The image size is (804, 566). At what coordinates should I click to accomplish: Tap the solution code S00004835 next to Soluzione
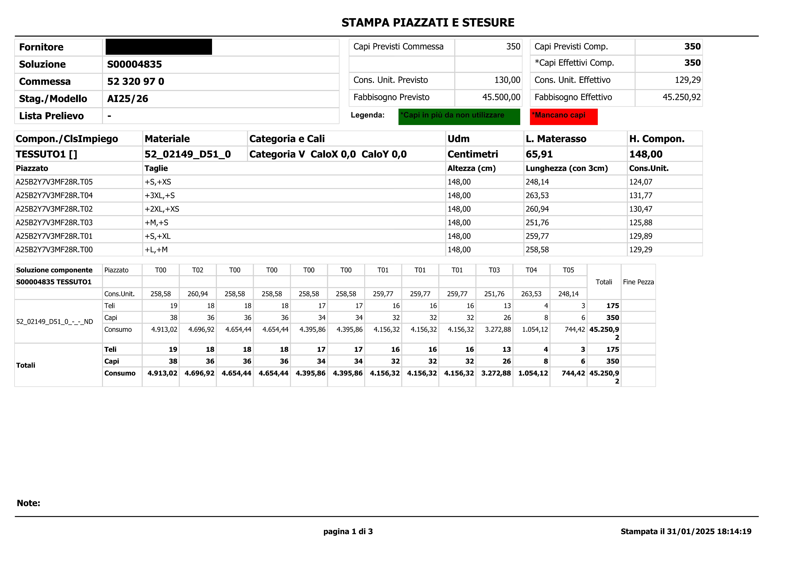(134, 64)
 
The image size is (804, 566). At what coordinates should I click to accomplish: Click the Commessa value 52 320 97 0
(135, 82)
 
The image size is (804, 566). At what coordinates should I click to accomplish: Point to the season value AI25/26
(127, 99)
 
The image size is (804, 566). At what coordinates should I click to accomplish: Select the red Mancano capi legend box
(563, 117)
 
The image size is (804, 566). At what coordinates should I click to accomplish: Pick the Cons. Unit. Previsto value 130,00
(507, 80)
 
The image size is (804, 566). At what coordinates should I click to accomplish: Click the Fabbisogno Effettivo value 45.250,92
(681, 97)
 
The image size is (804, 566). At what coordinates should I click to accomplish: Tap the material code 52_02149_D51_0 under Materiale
(188, 154)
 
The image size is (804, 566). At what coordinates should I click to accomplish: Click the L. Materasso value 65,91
(539, 154)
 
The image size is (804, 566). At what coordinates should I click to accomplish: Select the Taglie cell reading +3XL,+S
(160, 196)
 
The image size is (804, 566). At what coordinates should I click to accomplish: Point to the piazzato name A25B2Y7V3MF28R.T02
(54, 209)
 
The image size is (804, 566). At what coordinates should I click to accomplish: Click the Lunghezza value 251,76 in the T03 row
(537, 223)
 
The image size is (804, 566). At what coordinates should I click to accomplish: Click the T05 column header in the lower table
(568, 270)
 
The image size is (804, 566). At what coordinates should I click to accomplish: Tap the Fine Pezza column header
(638, 282)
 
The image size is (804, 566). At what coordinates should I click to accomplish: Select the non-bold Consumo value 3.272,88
(498, 330)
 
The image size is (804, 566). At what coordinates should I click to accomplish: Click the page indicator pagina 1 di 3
(348, 532)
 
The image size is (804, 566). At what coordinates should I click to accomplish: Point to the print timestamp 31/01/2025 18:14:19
(709, 532)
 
